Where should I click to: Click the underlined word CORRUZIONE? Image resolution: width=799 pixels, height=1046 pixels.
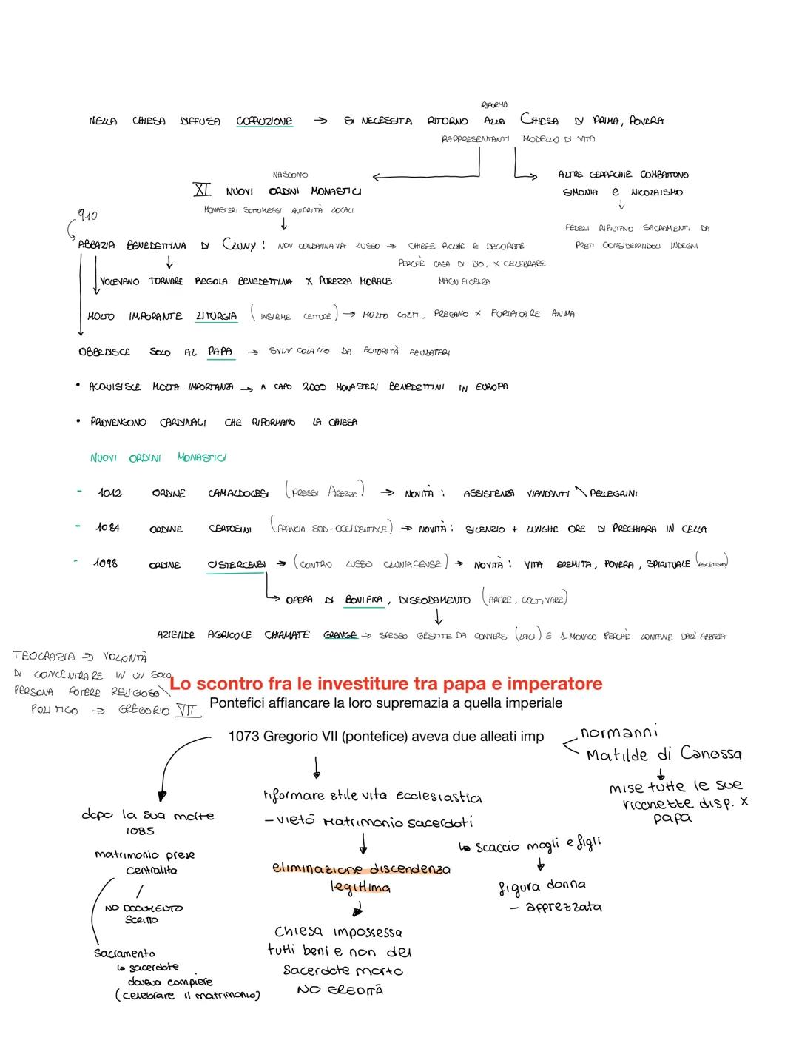click(x=264, y=121)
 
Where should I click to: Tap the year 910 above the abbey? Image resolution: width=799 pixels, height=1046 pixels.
click(x=87, y=215)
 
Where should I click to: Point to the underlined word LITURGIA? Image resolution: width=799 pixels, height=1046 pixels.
click(x=216, y=316)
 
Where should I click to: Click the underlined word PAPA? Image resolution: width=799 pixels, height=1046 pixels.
click(x=220, y=352)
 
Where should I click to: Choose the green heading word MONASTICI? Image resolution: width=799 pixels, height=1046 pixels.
click(x=201, y=457)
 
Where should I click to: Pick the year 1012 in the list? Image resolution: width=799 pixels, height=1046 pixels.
click(x=109, y=493)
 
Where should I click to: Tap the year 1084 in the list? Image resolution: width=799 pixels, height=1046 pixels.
click(x=107, y=528)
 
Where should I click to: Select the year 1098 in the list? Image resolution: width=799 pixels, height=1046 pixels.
click(x=105, y=563)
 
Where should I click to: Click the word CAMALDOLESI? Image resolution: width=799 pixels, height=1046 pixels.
click(x=237, y=493)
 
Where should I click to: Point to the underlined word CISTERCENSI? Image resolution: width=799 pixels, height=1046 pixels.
click(x=236, y=564)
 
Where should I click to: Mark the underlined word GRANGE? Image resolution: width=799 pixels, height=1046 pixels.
click(x=340, y=635)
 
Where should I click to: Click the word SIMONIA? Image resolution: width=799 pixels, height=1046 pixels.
click(x=581, y=192)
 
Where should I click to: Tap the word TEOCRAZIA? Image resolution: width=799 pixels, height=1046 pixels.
click(x=44, y=656)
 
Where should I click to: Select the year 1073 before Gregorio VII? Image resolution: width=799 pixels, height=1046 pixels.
click(x=243, y=736)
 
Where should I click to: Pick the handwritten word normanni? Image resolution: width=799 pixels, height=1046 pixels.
click(x=619, y=733)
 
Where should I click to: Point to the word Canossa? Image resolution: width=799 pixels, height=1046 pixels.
click(x=710, y=754)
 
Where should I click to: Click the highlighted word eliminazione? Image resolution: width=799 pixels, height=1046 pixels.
click(x=320, y=868)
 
